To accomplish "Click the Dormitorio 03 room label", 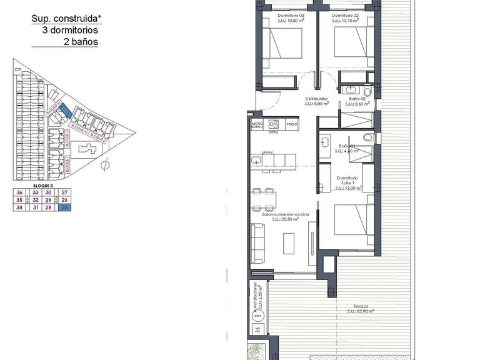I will [x=291, y=15].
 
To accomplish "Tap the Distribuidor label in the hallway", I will [x=317, y=99].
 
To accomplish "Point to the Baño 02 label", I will [x=357, y=99].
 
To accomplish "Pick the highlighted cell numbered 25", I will [x=64, y=207].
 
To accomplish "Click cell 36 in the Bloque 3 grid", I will [x=19, y=192].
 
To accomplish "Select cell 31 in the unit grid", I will [x=36, y=207].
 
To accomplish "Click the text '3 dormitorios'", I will [x=70, y=30].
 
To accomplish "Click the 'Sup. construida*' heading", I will [x=64, y=18].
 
